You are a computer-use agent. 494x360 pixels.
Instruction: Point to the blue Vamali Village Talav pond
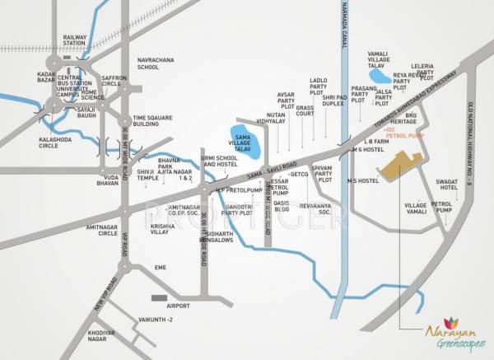click(x=381, y=77)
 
